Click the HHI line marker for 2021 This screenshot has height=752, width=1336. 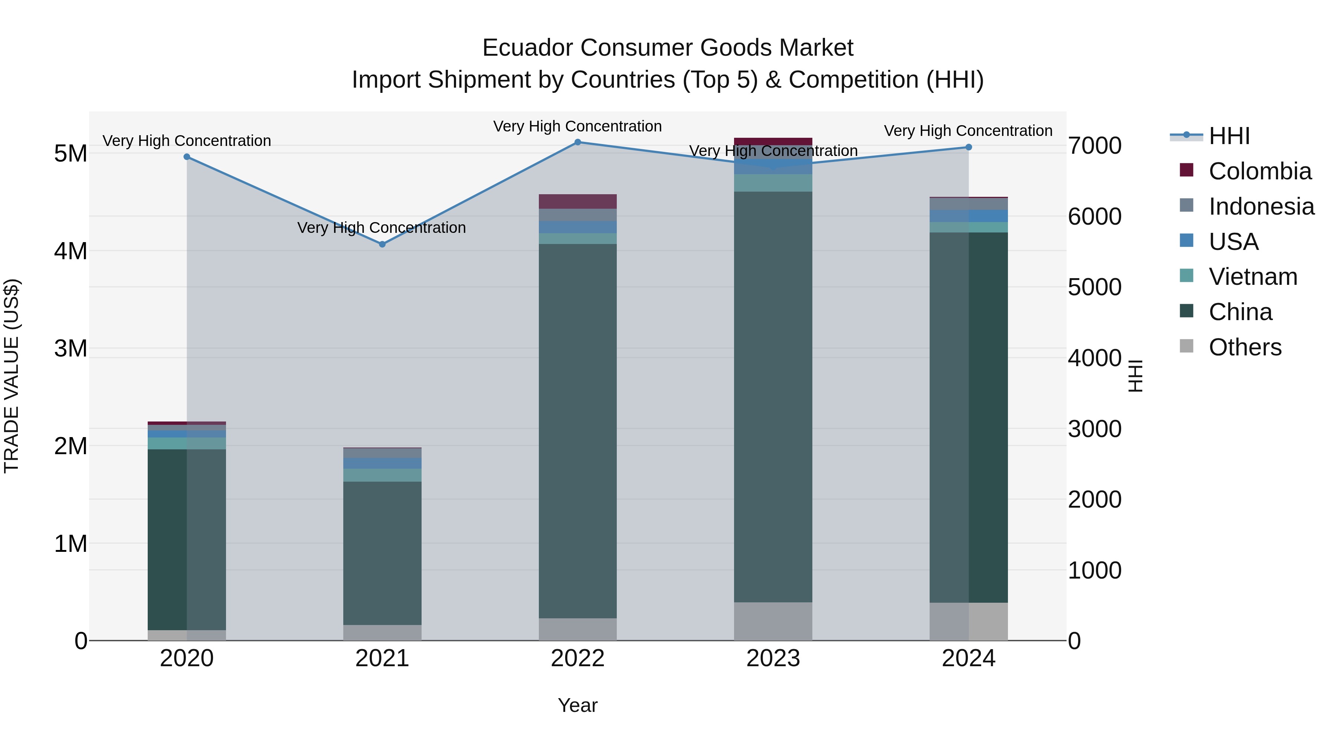(x=382, y=244)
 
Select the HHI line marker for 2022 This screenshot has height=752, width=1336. (x=578, y=142)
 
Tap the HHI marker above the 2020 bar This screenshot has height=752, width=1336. (x=187, y=157)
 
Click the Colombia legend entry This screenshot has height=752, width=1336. (x=1259, y=171)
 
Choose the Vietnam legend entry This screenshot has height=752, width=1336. (x=1252, y=277)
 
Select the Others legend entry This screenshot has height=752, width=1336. (x=1245, y=347)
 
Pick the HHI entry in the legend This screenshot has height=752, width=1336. (x=1229, y=136)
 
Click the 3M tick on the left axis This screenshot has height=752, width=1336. (x=71, y=348)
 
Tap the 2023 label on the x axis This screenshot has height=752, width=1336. (x=773, y=658)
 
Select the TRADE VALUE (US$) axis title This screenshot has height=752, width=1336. (x=12, y=376)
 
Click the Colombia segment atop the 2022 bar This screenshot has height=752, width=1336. (x=578, y=201)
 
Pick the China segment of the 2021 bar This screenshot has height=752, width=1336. (x=382, y=553)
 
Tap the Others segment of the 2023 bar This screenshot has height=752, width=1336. (x=773, y=621)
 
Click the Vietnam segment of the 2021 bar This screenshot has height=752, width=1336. (x=382, y=475)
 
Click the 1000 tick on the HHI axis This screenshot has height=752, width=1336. (x=1094, y=570)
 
